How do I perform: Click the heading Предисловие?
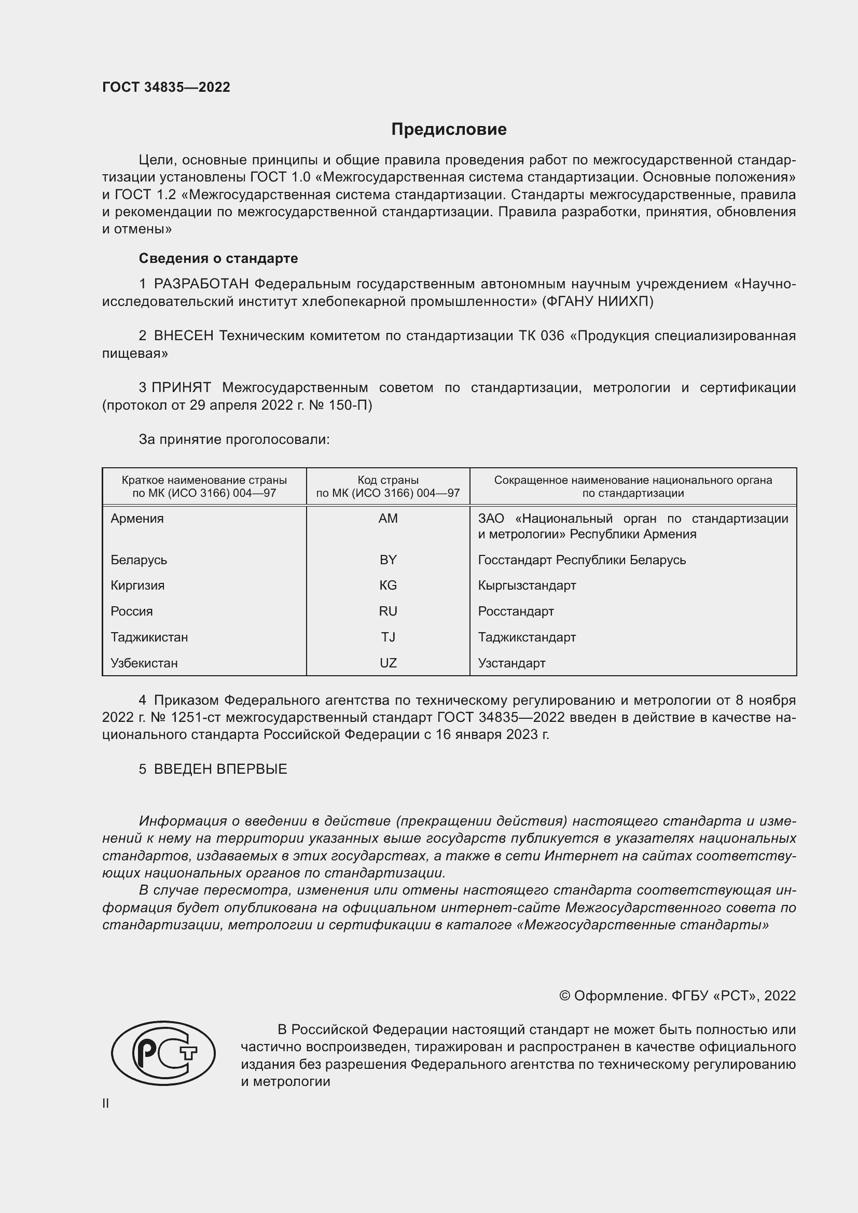(449, 130)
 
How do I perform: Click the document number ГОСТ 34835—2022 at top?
(166, 87)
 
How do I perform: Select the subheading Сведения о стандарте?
(218, 258)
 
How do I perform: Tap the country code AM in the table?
(388, 518)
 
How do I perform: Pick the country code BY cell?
(388, 560)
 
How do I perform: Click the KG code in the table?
(388, 585)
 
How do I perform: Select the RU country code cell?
(388, 611)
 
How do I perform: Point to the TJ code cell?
(388, 637)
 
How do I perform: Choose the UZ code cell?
(388, 663)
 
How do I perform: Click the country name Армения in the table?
(137, 518)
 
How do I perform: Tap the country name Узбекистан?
(144, 663)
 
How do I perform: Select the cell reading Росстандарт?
(516, 611)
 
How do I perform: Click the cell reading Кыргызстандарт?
(527, 585)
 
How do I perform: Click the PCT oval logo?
(163, 1053)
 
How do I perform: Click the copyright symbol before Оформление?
(564, 996)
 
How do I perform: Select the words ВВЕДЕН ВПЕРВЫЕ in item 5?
(220, 769)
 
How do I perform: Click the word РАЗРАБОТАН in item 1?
(201, 284)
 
